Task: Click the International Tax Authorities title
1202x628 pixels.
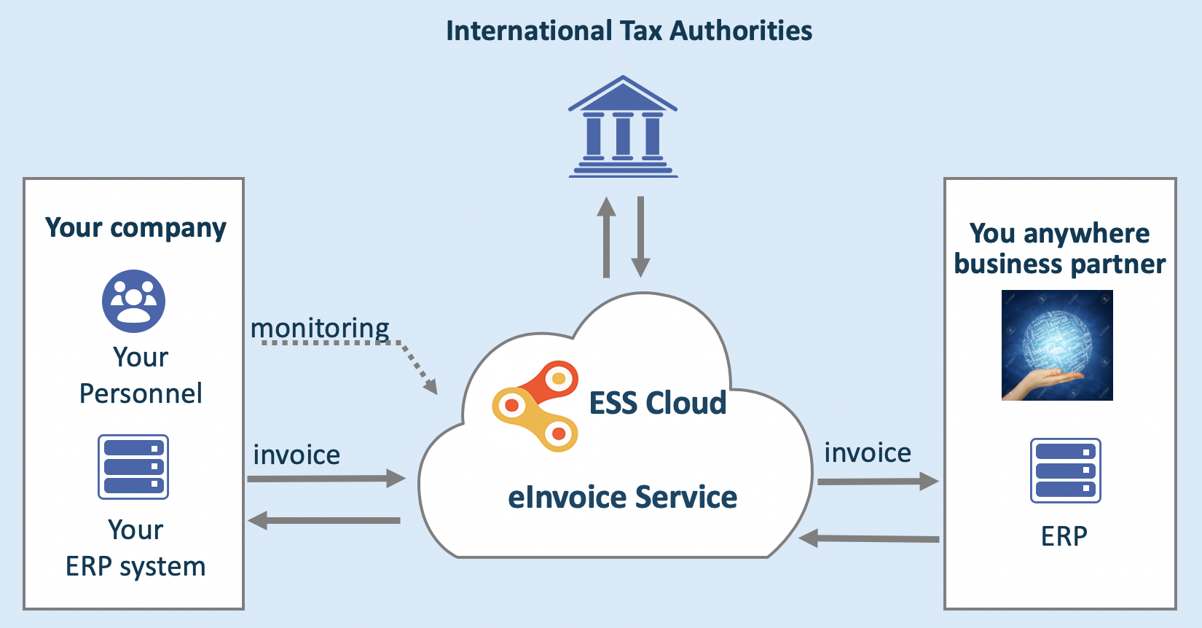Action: click(x=629, y=31)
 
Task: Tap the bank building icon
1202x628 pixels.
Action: click(x=623, y=127)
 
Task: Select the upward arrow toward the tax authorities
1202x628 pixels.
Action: click(x=606, y=237)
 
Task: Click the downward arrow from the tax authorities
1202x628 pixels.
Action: click(x=640, y=237)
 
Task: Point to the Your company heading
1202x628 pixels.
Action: click(x=135, y=228)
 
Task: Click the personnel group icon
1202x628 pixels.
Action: click(x=133, y=301)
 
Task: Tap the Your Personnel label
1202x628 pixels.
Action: click(x=141, y=375)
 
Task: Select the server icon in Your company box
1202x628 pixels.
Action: click(x=133, y=467)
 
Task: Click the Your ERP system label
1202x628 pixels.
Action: click(x=135, y=548)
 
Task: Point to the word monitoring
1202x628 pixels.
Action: click(x=320, y=329)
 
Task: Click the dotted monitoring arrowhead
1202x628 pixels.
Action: click(x=431, y=385)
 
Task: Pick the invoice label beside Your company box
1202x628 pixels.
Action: click(x=296, y=455)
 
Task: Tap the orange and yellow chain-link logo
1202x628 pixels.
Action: click(x=535, y=406)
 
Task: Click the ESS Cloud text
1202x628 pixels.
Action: click(x=657, y=403)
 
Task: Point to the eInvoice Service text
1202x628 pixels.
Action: click(x=622, y=498)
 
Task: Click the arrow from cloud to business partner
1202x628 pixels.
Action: click(x=878, y=482)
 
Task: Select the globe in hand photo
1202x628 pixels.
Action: click(x=1057, y=345)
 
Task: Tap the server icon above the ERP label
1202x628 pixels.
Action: click(x=1065, y=471)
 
